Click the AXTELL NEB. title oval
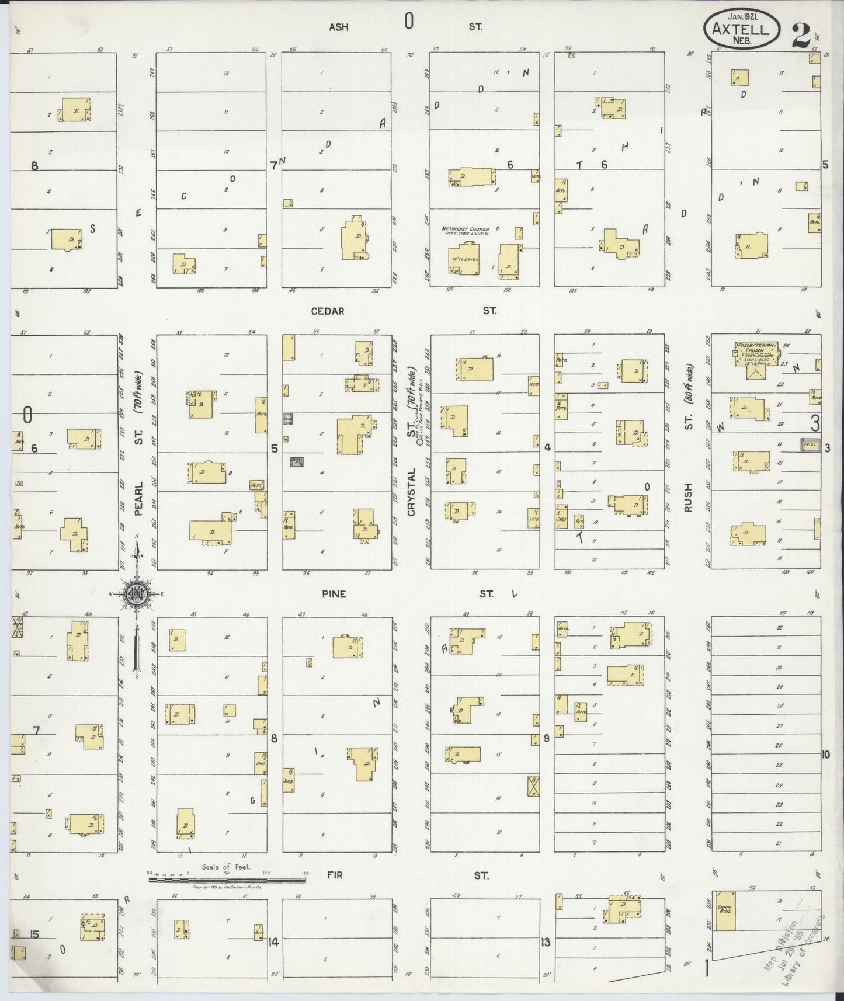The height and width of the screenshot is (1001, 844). pos(742,28)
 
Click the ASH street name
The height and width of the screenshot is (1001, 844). pos(339,27)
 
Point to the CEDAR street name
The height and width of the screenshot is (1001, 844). pos(328,311)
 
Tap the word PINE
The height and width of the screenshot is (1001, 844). pos(334,594)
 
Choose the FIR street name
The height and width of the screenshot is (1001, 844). pos(335,875)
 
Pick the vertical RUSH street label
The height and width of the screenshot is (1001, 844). pos(687,498)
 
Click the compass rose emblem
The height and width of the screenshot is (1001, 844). pos(137,595)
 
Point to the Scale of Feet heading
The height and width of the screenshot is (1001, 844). pos(225,867)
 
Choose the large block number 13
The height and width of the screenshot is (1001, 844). pos(546,941)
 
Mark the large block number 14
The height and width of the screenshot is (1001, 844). pos(273,941)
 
